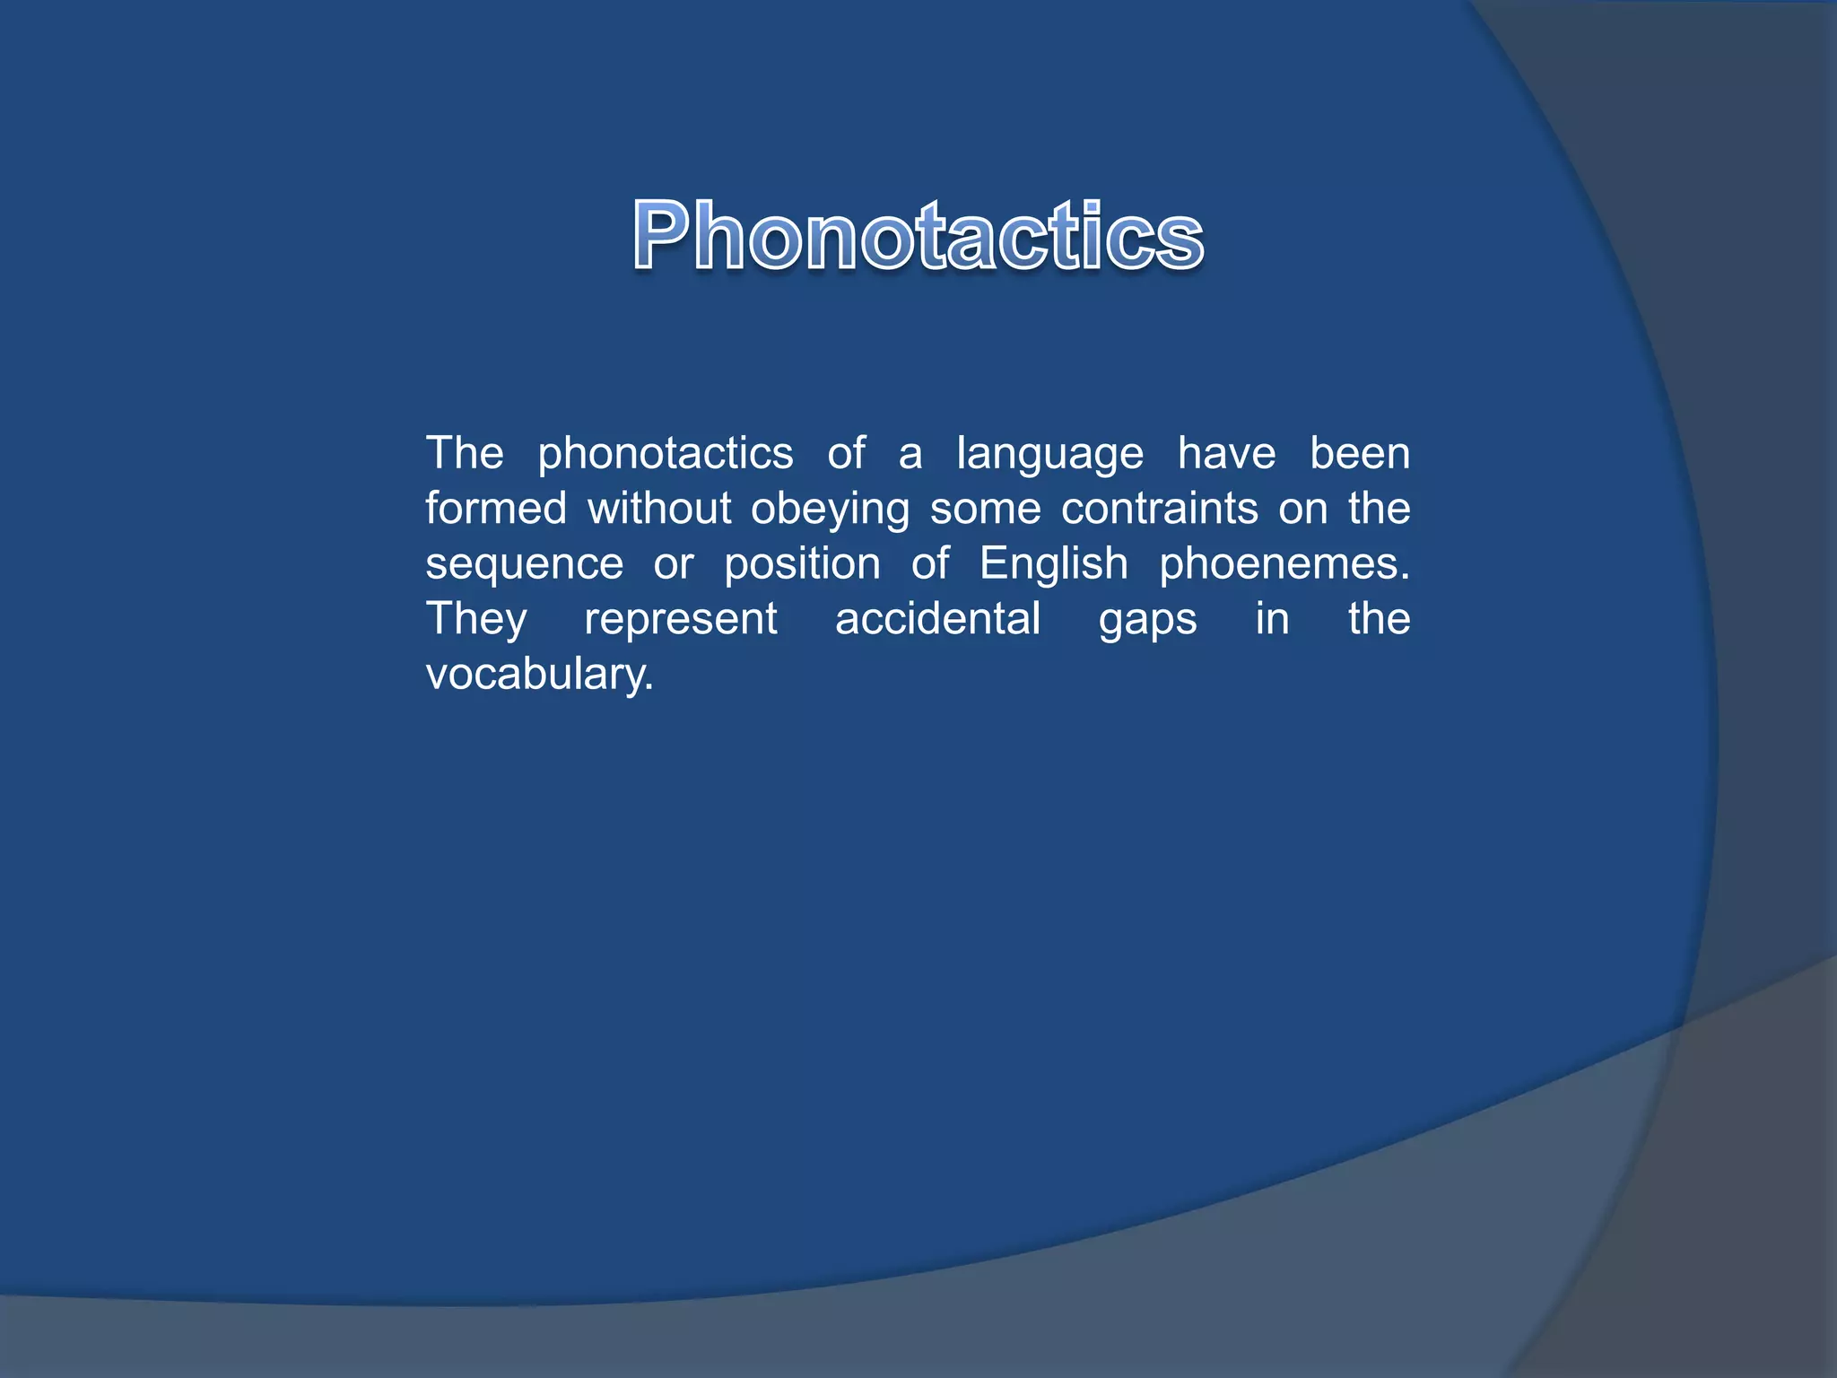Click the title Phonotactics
[918, 235]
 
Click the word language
[1049, 453]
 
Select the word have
[1226, 453]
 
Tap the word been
[1360, 453]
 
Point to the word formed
[496, 509]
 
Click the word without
[659, 509]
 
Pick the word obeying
[830, 510]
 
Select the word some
[985, 509]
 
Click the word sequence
[524, 565]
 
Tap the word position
[802, 565]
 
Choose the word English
[1053, 565]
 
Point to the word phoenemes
[1284, 565]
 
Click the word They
[476, 620]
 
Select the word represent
[681, 620]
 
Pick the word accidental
[938, 619]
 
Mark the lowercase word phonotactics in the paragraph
[666, 453]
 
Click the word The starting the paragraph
[465, 453]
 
